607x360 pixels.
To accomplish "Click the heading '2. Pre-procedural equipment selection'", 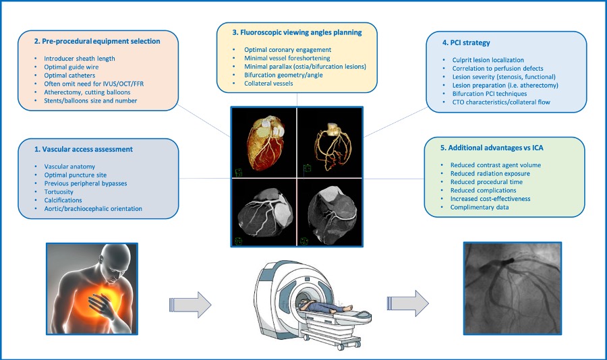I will [97, 41].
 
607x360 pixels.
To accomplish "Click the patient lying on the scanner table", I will [322, 310].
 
